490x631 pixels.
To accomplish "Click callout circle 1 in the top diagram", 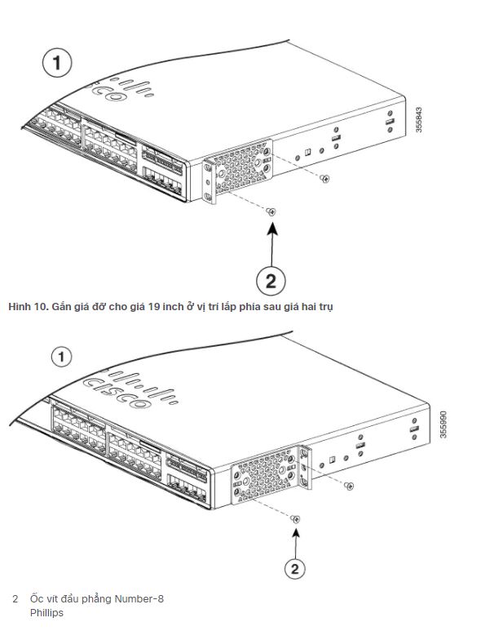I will (57, 63).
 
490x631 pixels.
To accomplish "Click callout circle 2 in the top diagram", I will (271, 281).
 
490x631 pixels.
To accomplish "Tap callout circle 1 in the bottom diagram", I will (63, 357).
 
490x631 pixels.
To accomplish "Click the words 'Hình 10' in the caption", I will (26, 307).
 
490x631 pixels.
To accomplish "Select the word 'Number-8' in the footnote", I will (139, 599).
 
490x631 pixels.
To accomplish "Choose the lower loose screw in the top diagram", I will (271, 211).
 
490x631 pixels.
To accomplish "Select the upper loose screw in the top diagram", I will (325, 178).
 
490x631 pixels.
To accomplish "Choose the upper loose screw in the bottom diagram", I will (349, 486).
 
